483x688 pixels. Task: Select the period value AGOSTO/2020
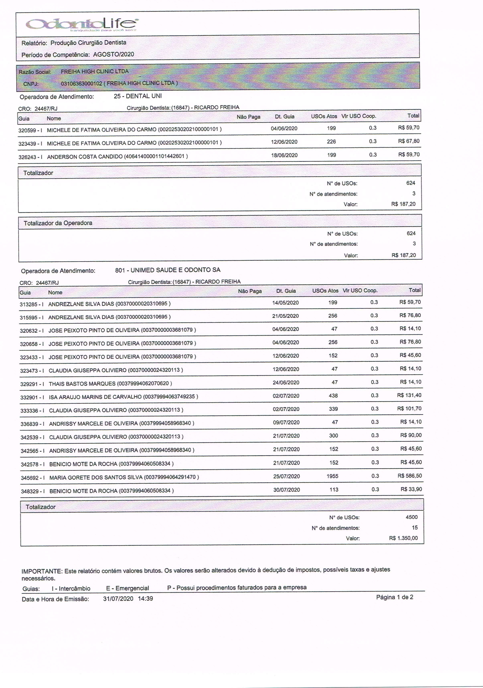coord(113,54)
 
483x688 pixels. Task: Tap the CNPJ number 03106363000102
coord(81,83)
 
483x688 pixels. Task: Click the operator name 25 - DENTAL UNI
coord(138,96)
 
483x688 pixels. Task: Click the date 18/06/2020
coord(284,155)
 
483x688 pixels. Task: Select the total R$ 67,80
coord(409,141)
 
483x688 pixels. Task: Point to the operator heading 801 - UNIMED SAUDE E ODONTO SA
coord(168,270)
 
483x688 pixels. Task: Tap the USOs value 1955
coord(332,476)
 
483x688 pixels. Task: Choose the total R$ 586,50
coord(409,476)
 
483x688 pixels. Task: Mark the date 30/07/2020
coord(287,490)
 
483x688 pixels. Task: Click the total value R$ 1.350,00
coord(403,538)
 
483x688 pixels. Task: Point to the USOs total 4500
coord(411,517)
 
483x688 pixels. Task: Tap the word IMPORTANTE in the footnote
coord(42,571)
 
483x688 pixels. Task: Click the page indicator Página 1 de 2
coord(395,597)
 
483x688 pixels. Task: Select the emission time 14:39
coord(146,599)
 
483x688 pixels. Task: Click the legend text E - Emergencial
coord(128,588)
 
